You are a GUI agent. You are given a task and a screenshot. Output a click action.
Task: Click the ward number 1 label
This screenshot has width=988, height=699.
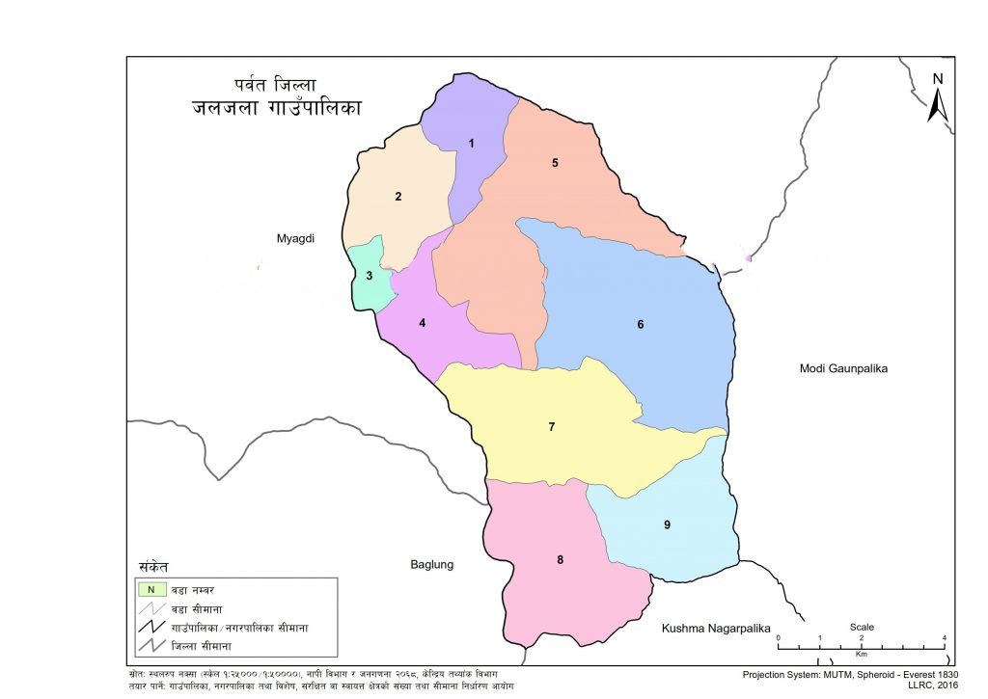click(x=472, y=144)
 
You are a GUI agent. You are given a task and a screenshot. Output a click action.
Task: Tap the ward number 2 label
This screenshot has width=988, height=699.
click(x=398, y=197)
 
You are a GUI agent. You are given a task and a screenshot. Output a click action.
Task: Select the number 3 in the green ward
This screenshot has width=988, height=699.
click(x=369, y=277)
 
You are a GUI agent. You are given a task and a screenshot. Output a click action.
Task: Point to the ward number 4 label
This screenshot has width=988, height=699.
click(x=422, y=323)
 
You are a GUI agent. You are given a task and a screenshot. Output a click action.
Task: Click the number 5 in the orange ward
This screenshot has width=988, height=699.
click(x=555, y=163)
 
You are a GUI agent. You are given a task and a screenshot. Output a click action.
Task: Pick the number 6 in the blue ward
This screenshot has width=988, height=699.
click(x=640, y=325)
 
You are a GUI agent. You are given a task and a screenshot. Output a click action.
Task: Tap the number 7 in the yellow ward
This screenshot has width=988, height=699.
click(x=551, y=426)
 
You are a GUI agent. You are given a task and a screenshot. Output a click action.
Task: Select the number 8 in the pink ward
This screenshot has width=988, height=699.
click(x=560, y=559)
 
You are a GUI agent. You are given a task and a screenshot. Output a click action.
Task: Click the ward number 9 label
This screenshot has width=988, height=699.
click(x=667, y=524)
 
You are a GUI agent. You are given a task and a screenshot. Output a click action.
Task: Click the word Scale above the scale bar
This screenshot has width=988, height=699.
click(x=862, y=627)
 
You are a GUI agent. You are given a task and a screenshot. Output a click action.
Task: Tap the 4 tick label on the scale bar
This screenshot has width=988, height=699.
click(x=944, y=639)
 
